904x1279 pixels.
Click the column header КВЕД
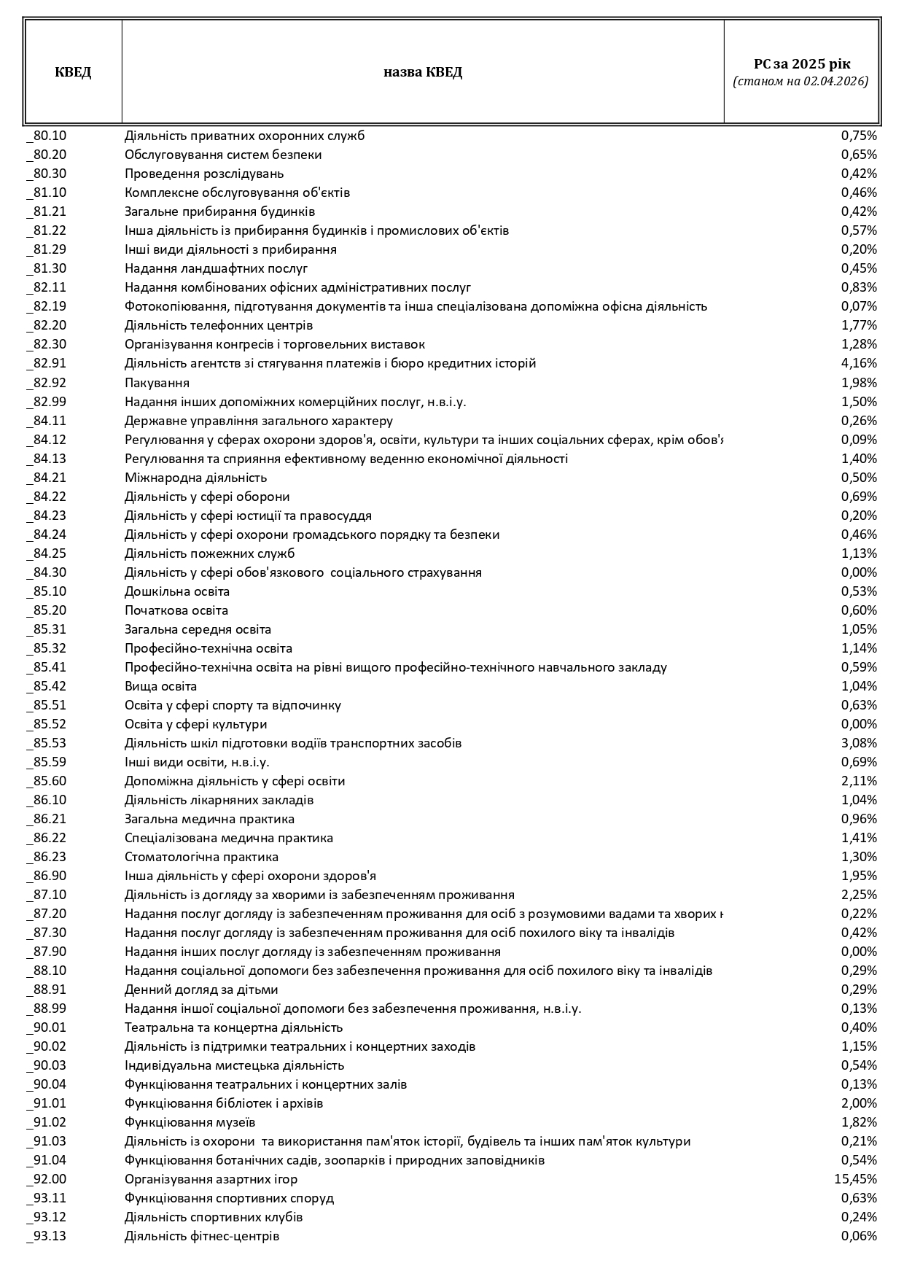click(x=73, y=72)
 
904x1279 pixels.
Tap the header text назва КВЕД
click(x=423, y=72)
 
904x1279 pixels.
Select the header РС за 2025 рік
click(x=801, y=64)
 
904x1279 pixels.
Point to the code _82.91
click(x=50, y=363)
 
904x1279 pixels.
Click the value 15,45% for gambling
click(x=855, y=1179)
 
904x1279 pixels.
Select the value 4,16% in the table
click(x=859, y=363)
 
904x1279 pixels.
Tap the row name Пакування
click(x=157, y=383)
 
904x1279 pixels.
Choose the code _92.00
click(x=50, y=1179)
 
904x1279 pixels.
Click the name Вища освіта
click(x=160, y=686)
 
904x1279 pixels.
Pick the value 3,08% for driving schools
click(x=859, y=743)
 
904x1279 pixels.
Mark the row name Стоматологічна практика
click(x=201, y=857)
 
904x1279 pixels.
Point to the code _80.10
click(x=50, y=136)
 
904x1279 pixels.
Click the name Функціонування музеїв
click(x=190, y=1122)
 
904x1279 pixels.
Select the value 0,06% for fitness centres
click(x=859, y=1236)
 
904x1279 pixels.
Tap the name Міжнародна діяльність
click(x=195, y=478)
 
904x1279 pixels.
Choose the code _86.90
click(x=50, y=876)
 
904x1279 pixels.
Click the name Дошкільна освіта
click(x=177, y=591)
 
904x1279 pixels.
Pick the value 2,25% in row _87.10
click(x=859, y=895)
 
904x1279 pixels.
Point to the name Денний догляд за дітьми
click(x=201, y=990)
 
